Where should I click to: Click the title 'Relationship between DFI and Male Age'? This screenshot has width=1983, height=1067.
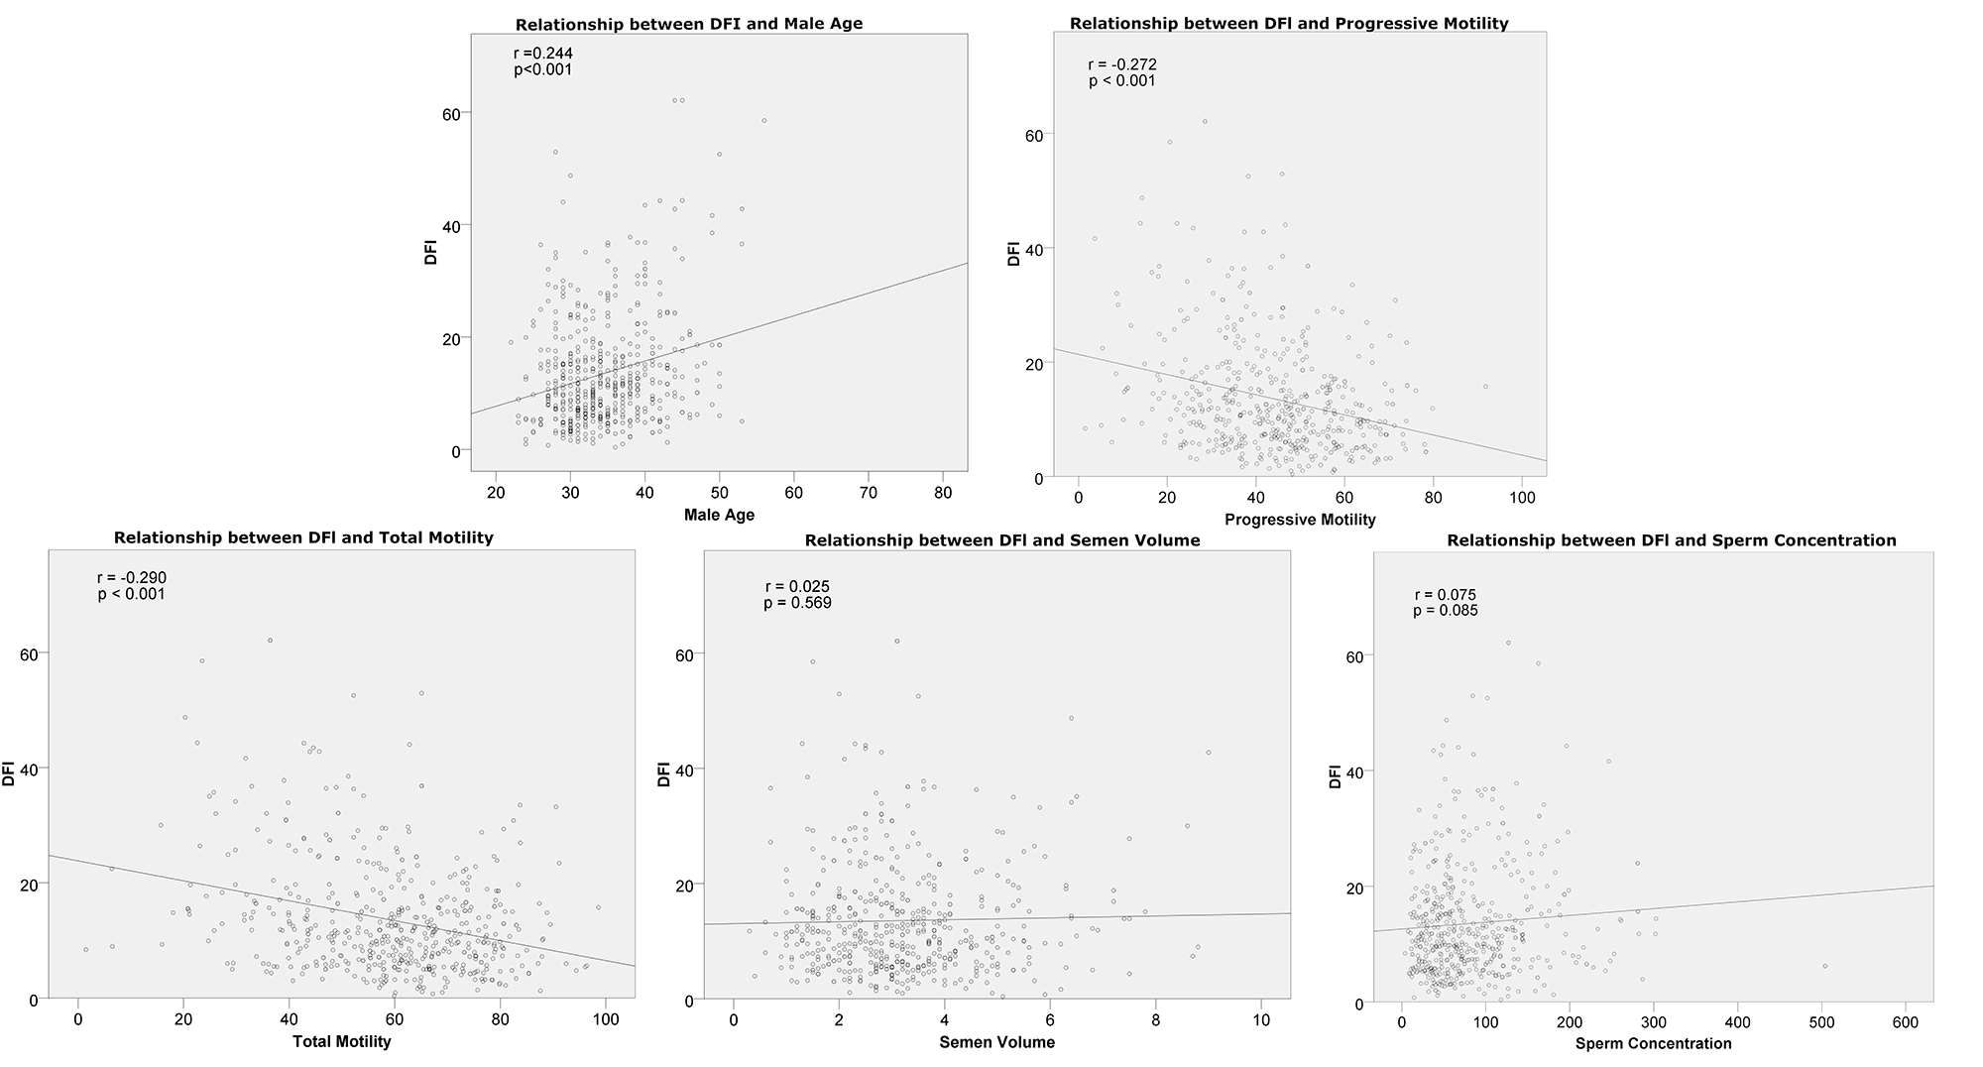(x=688, y=24)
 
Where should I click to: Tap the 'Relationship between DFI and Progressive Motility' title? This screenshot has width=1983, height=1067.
(x=1289, y=24)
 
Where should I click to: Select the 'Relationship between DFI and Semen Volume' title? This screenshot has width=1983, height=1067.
(x=1002, y=540)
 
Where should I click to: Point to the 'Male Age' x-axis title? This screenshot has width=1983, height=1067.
(x=719, y=515)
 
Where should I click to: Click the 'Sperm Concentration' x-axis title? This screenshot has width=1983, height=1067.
(x=1653, y=1043)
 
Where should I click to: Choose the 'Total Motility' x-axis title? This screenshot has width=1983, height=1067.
(x=341, y=1041)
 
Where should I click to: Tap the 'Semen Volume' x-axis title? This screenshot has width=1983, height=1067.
(x=996, y=1042)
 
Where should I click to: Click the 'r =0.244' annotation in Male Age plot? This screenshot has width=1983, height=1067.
(x=543, y=54)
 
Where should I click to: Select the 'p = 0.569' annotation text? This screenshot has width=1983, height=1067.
(x=797, y=603)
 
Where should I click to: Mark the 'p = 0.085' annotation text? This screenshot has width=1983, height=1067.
(x=1445, y=611)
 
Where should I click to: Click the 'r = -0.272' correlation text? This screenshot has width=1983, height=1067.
(x=1122, y=64)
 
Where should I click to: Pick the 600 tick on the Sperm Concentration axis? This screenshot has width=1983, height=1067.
(x=1907, y=1021)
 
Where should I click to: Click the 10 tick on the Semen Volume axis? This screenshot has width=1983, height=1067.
(x=1260, y=1019)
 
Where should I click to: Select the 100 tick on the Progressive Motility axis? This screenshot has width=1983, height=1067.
(x=1522, y=499)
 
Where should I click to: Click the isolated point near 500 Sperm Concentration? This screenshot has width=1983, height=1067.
(x=1824, y=966)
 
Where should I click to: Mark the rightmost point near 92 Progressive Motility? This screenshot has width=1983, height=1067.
(x=1485, y=387)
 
